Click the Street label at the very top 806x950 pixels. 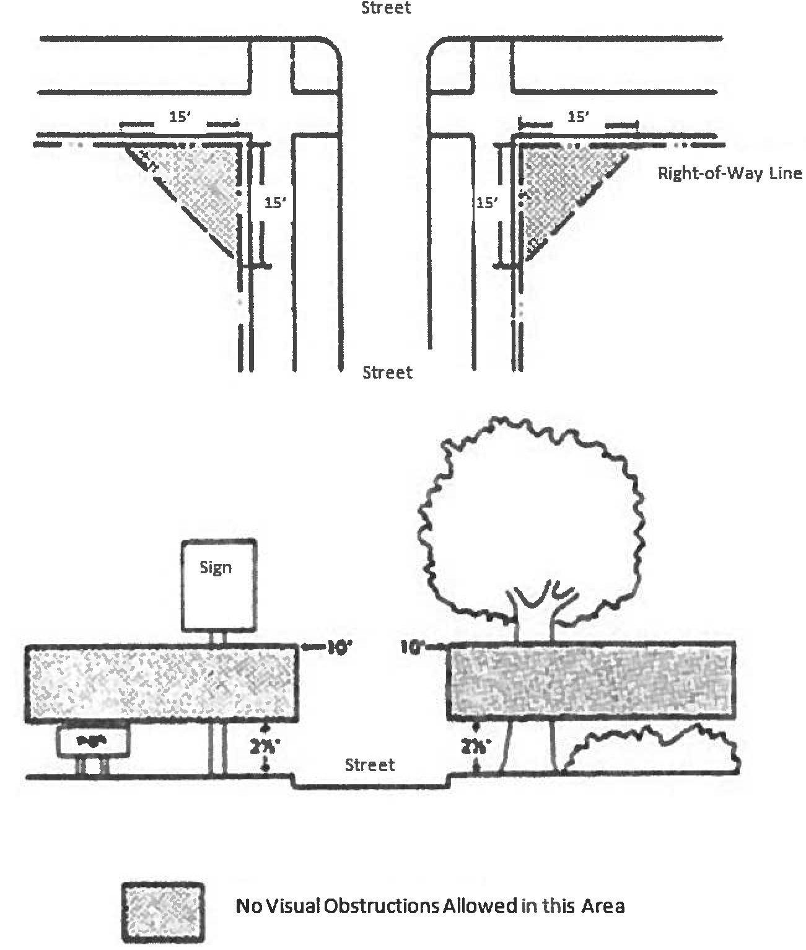pyautogui.click(x=386, y=8)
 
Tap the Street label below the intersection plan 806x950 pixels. pyautogui.click(x=387, y=372)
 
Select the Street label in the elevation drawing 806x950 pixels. pyautogui.click(x=370, y=765)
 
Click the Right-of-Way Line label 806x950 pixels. pyautogui.click(x=729, y=173)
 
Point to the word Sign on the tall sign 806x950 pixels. pyautogui.click(x=216, y=567)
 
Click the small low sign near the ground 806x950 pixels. pyautogui.click(x=94, y=741)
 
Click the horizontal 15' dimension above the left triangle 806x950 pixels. pyautogui.click(x=180, y=117)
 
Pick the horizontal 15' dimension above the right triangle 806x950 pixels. pyautogui.click(x=578, y=117)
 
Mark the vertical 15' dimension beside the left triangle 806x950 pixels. pyautogui.click(x=276, y=203)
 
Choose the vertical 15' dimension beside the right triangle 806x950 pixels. pyautogui.click(x=487, y=203)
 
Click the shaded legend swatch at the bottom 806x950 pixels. pyautogui.click(x=163, y=912)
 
